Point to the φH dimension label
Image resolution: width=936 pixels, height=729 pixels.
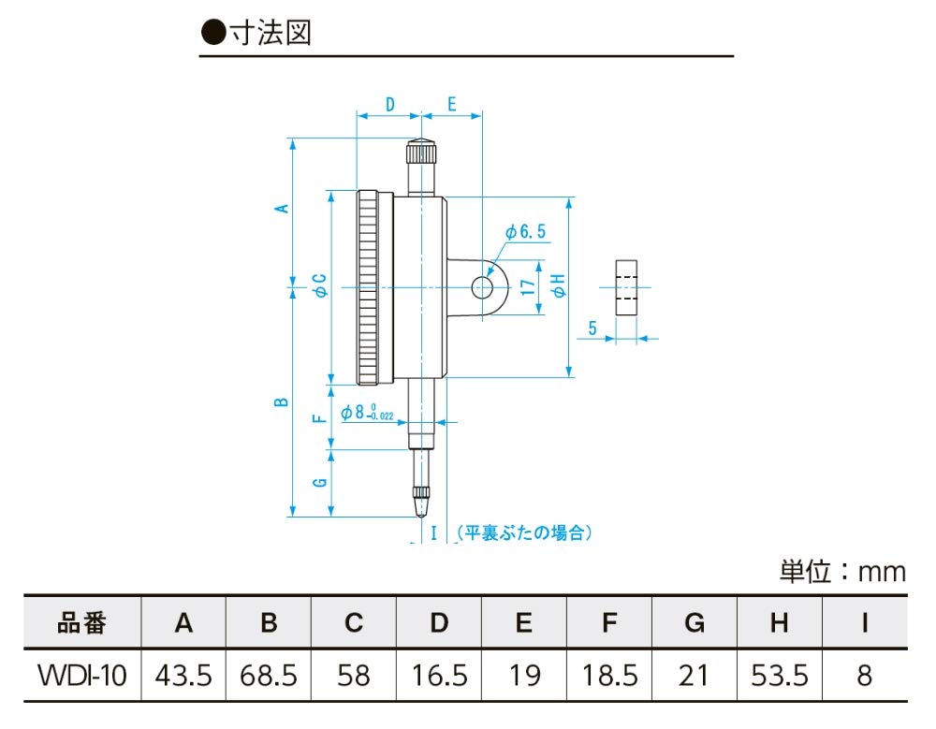(x=559, y=286)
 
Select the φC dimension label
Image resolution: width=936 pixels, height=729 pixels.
(x=318, y=285)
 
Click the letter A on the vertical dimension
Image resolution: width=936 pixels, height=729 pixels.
(x=280, y=209)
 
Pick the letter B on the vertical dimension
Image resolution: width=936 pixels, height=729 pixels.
(x=280, y=402)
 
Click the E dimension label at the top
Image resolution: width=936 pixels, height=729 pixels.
(x=451, y=103)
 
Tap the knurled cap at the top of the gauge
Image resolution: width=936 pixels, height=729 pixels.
(x=420, y=151)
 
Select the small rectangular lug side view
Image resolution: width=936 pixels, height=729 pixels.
(x=626, y=287)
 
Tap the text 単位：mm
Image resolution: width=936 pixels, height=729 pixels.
(x=842, y=570)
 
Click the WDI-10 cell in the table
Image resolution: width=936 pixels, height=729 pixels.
(x=81, y=675)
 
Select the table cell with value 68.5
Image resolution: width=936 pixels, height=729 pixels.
(x=269, y=675)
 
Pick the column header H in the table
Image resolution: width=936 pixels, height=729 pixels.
(x=779, y=623)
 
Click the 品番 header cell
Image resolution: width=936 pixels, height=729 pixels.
(x=81, y=623)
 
